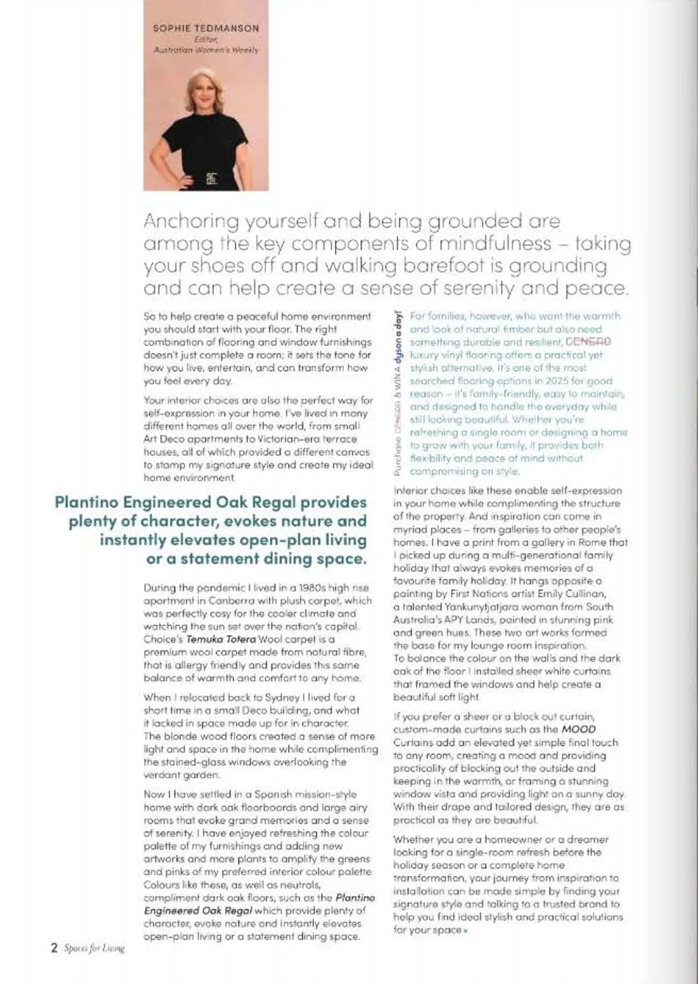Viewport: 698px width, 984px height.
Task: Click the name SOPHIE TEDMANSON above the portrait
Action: [x=206, y=29]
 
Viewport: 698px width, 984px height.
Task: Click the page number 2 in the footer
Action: [x=55, y=948]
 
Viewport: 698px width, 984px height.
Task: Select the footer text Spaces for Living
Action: [x=94, y=948]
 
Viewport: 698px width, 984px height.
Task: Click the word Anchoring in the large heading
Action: [x=191, y=221]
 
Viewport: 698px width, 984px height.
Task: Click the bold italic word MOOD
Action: [x=578, y=729]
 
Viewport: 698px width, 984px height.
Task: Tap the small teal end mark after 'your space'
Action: [x=465, y=931]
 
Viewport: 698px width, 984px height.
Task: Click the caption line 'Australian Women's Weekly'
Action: [x=206, y=50]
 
